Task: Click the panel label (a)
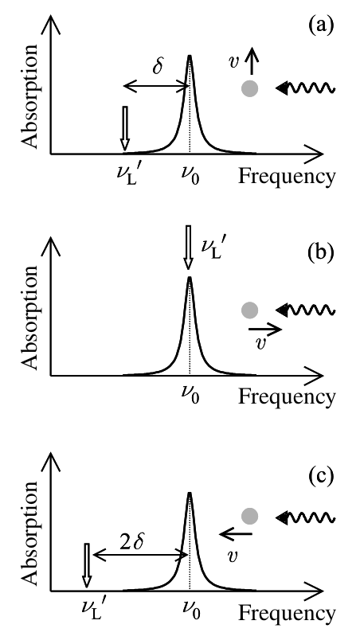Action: click(x=319, y=26)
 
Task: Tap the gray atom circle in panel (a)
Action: click(x=249, y=88)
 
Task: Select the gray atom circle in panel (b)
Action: click(x=249, y=310)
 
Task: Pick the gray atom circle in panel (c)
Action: click(x=249, y=516)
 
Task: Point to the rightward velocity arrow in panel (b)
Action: click(x=265, y=329)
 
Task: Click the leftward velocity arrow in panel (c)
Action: click(x=236, y=534)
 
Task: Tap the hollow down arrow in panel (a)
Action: click(x=125, y=128)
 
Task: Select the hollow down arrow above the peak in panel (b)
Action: click(x=189, y=248)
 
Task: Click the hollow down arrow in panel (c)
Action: click(x=86, y=565)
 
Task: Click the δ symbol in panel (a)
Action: click(x=158, y=66)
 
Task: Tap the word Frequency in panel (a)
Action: click(x=287, y=176)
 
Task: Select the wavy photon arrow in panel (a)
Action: click(x=305, y=88)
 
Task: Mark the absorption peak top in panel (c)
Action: click(x=190, y=493)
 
